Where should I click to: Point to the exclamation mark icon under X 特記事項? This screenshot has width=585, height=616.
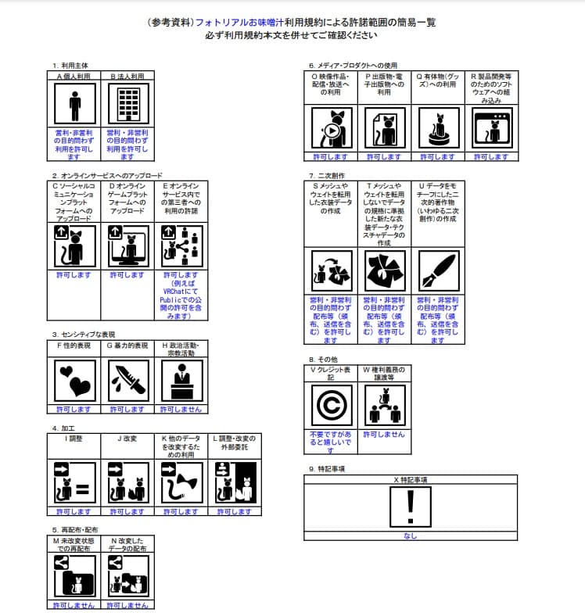tap(410, 507)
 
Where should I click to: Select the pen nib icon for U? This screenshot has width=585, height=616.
tap(437, 270)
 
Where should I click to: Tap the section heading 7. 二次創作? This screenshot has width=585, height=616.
tap(327, 175)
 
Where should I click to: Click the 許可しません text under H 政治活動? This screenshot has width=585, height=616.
tap(181, 409)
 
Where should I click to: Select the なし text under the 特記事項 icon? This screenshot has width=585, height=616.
tap(410, 536)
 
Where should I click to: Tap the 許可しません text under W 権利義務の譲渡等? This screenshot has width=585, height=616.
tap(384, 434)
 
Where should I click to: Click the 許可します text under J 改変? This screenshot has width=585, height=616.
tap(127, 511)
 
